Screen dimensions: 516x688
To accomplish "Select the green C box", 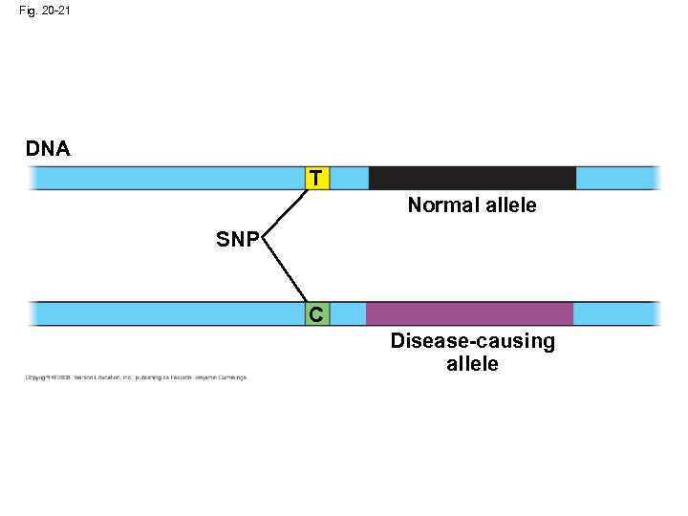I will pyautogui.click(x=317, y=313).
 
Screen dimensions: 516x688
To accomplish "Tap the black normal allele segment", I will pyautogui.click(x=472, y=178).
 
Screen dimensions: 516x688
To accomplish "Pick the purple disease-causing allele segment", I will pyautogui.click(x=469, y=313).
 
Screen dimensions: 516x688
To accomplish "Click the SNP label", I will pyautogui.click(x=237, y=240).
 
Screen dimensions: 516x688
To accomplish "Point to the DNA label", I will pyautogui.click(x=48, y=149).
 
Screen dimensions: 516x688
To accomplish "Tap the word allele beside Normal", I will pyautogui.click(x=509, y=205).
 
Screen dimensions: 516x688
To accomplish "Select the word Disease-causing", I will pyautogui.click(x=472, y=342).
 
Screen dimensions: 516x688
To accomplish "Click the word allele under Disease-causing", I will pyautogui.click(x=472, y=363).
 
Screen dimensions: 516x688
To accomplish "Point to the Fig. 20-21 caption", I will pyautogui.click(x=43, y=11).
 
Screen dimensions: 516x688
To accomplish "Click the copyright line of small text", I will pyautogui.click(x=135, y=377).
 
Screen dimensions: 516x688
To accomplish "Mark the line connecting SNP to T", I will pyautogui.click(x=285, y=210).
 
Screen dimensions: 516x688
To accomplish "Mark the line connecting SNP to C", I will pyautogui.click(x=283, y=271).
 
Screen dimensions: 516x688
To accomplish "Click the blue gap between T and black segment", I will pyautogui.click(x=349, y=178).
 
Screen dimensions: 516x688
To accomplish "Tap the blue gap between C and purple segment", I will pyautogui.click(x=348, y=313).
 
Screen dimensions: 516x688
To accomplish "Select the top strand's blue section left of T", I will pyautogui.click(x=167, y=178).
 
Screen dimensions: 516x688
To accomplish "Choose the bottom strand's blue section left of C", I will pyautogui.click(x=167, y=313).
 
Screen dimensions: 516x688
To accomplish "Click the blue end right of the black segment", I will pyautogui.click(x=617, y=178).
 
